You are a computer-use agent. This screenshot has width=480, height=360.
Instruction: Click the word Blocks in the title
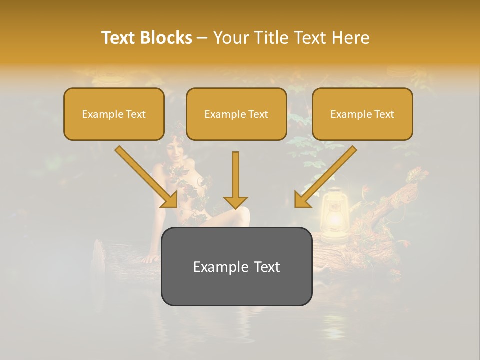tap(166, 38)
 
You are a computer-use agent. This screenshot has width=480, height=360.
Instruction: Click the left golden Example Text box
tap(114, 114)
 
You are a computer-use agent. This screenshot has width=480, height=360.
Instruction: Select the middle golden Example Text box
tap(236, 114)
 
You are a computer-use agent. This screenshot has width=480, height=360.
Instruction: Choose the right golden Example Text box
tap(362, 114)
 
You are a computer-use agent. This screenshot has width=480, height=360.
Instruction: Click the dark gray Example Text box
tap(236, 267)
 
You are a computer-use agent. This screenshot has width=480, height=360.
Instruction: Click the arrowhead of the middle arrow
tap(235, 202)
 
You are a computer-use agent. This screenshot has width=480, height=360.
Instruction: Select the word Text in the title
tap(118, 38)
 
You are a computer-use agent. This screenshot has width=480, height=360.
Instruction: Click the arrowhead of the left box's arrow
tap(170, 200)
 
